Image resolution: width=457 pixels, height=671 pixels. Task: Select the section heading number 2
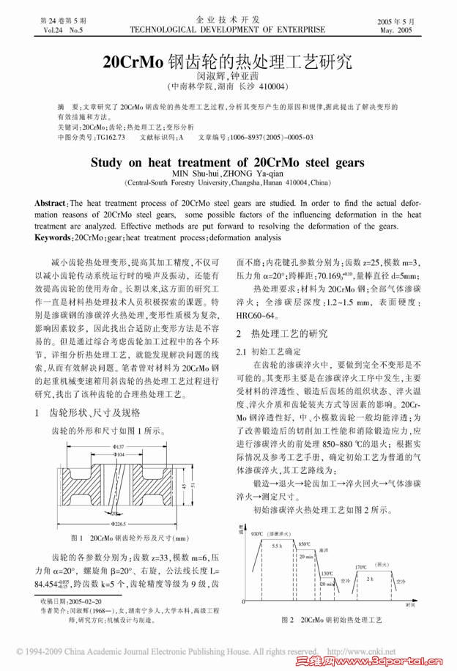tap(239, 334)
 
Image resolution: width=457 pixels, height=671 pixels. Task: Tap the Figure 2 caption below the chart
tap(332, 620)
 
